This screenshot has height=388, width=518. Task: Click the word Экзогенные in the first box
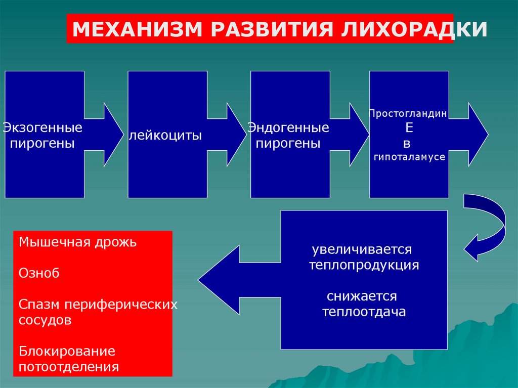click(43, 128)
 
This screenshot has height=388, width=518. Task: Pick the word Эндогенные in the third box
click(288, 128)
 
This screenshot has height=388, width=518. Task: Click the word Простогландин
click(407, 114)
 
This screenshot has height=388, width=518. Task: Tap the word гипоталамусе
click(409, 157)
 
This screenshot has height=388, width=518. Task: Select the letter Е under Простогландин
click(409, 128)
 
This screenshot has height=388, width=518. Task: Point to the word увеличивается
click(362, 250)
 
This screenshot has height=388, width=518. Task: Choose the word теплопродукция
click(364, 265)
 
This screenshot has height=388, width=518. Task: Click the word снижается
click(362, 296)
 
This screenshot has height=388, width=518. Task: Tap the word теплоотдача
click(364, 312)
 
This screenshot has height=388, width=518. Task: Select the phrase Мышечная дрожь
click(78, 242)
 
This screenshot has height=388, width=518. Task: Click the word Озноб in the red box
click(39, 273)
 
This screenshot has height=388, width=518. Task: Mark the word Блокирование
click(67, 351)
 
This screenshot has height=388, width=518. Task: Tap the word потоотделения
click(69, 367)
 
